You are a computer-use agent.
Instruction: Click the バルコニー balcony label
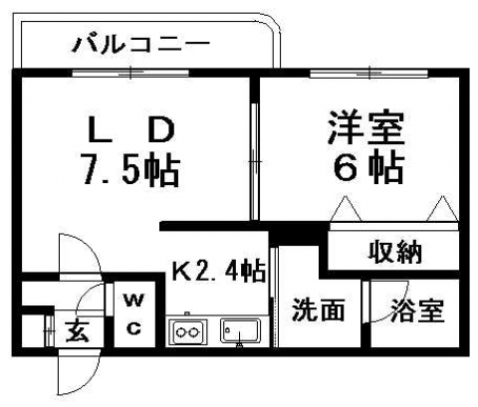point(141,45)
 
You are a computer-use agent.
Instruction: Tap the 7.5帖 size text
point(131,169)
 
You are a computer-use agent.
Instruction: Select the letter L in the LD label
point(99,131)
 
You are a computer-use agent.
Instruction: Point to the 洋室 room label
point(366,128)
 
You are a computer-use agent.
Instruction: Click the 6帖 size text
point(368,167)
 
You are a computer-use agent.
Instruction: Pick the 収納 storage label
point(395,252)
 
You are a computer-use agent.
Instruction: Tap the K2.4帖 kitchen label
point(218,271)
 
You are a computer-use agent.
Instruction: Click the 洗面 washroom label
point(319,310)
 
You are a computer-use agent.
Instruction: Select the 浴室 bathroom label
point(417,310)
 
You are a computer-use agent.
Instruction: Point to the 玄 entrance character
point(78,331)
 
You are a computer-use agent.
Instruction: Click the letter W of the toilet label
point(133,302)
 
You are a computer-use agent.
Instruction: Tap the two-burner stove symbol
point(188,331)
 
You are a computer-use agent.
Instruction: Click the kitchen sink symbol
point(240,331)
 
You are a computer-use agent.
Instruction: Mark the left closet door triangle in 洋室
point(346,209)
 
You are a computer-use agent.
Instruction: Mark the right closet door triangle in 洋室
point(442,209)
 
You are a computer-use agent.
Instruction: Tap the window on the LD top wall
point(130,73)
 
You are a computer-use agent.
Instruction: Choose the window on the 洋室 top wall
point(368,73)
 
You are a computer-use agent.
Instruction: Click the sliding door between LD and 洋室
point(255,161)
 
